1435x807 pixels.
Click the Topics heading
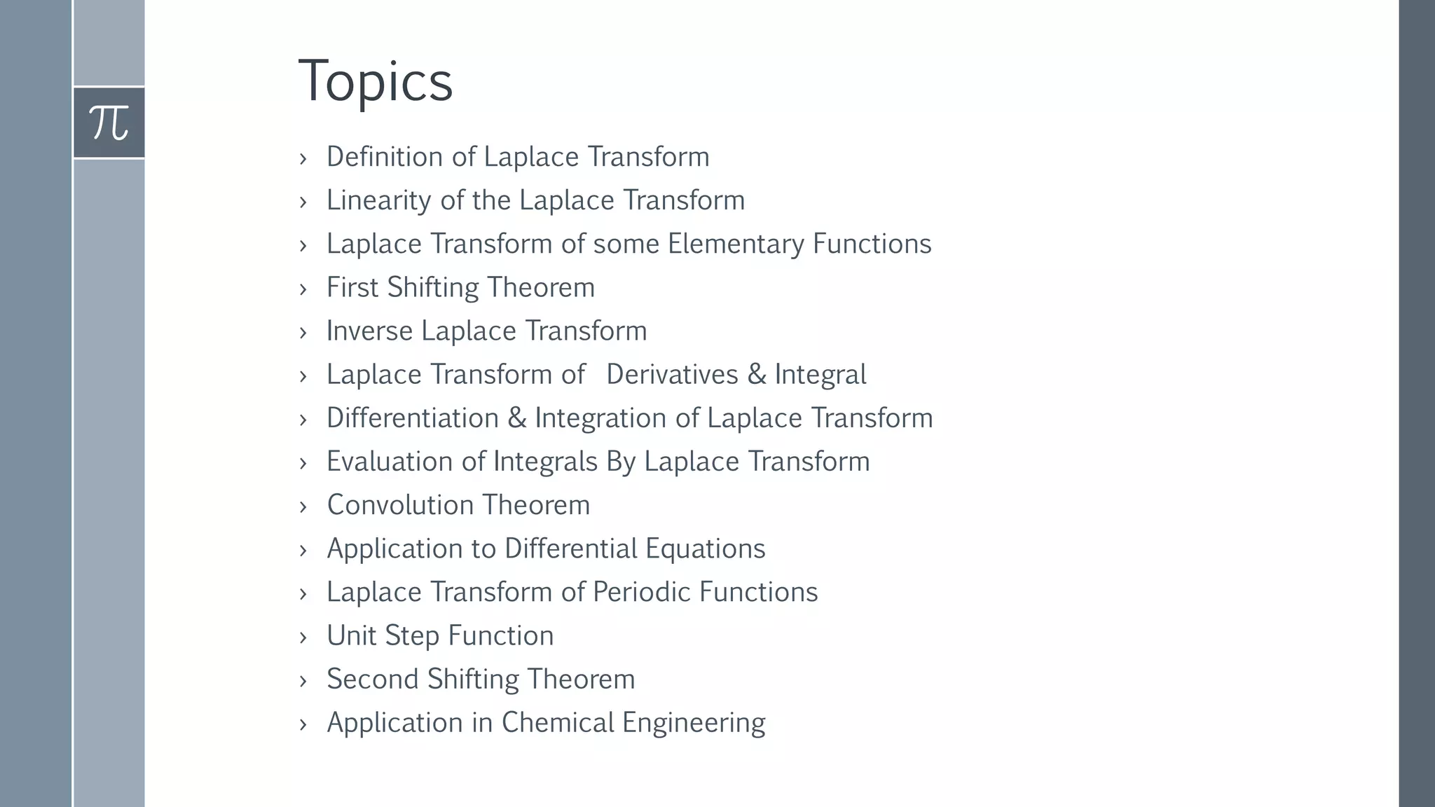[376, 81]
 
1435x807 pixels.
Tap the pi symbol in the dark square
[109, 123]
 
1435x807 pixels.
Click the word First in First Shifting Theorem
[352, 287]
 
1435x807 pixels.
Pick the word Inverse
[369, 331]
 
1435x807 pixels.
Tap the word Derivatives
[672, 374]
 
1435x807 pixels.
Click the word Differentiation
[413, 418]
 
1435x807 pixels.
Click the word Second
[372, 680]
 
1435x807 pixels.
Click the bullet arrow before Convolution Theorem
[303, 506]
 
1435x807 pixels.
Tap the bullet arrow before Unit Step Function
[303, 637]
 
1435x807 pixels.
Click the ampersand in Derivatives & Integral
[756, 374]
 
